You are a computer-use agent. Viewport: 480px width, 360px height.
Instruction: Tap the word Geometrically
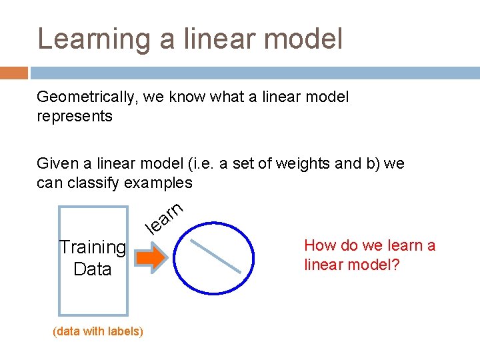tap(84, 97)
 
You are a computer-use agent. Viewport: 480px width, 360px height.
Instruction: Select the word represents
tap(75, 116)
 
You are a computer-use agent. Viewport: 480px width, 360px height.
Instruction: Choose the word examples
tap(161, 183)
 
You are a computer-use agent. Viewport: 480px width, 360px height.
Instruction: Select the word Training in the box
tap(93, 247)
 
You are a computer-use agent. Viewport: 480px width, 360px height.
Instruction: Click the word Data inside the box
tap(93, 269)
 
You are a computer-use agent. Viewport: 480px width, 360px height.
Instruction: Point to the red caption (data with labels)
tap(97, 331)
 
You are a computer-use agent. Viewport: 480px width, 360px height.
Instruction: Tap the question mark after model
tap(395, 265)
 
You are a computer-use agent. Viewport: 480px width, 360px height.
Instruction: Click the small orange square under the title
tap(14, 73)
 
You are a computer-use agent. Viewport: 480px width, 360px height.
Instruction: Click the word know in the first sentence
tap(189, 97)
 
